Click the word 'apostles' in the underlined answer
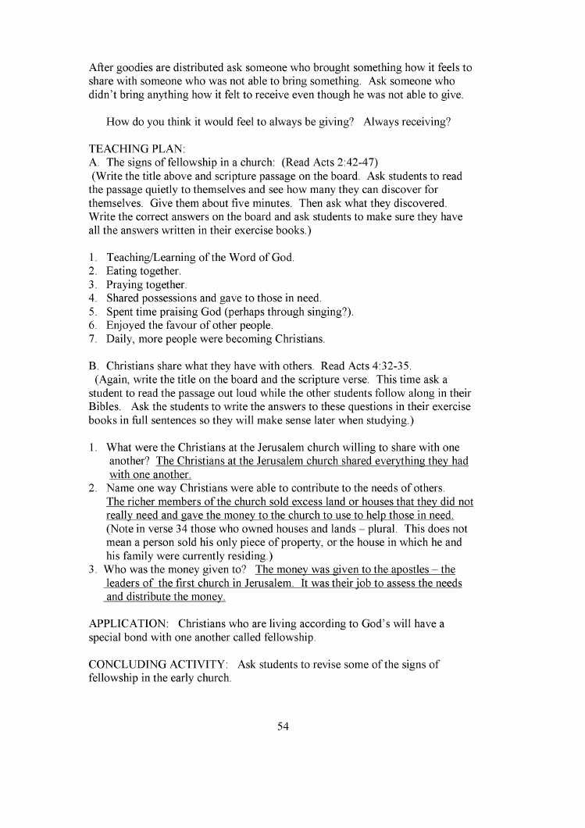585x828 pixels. pyautogui.click(x=412, y=569)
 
